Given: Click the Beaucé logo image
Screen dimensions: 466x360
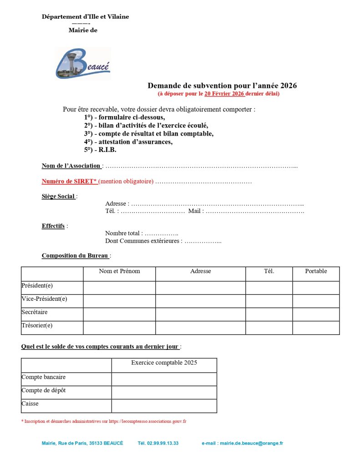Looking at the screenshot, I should tap(83, 63).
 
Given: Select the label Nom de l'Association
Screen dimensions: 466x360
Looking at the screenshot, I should tap(71, 166).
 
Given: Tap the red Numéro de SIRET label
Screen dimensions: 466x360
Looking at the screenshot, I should tap(69, 181).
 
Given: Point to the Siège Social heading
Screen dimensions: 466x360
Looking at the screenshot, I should tap(58, 196).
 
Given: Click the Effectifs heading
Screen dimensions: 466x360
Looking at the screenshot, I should tap(53, 226).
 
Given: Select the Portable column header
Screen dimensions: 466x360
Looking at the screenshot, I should tap(316, 271).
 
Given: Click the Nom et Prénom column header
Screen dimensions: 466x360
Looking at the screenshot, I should tap(119, 271).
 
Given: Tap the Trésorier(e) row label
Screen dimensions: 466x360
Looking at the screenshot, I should tap(37, 325).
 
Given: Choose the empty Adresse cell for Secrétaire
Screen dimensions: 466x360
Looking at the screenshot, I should tap(200, 314).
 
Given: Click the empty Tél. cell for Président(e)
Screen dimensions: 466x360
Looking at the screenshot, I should tap(269, 288).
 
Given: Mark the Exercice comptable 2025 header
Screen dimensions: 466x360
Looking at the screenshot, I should tap(164, 363).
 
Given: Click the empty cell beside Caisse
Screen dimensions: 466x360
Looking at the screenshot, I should tap(164, 406).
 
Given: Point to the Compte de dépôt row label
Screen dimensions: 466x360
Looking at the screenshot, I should tap(43, 390).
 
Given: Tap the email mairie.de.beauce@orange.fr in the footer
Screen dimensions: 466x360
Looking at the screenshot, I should tap(251, 443).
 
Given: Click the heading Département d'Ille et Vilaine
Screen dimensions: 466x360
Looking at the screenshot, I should tap(85, 17).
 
